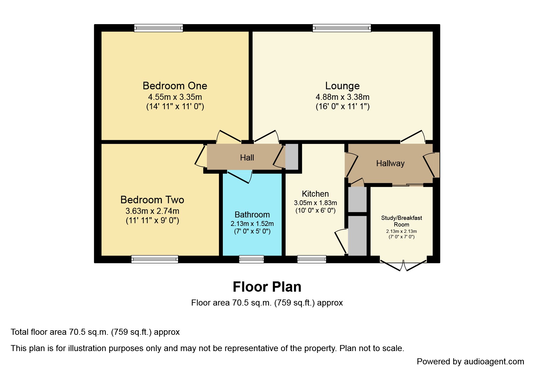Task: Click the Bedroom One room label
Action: point(175,86)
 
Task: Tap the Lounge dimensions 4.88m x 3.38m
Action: point(342,97)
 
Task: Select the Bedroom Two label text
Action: point(152,200)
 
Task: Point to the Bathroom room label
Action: point(252,215)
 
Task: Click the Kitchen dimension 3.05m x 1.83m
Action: point(315,203)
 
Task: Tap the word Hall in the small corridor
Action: point(247,158)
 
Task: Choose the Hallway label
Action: point(390,163)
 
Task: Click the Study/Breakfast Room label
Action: point(401,221)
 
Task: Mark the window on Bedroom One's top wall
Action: point(159,28)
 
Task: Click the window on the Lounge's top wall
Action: point(342,28)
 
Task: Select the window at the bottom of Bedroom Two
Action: point(155,259)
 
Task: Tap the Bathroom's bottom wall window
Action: point(251,259)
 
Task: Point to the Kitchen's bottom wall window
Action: point(311,259)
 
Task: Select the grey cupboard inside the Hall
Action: point(292,157)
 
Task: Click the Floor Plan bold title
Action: point(267,287)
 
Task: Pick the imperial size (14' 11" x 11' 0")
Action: point(175,106)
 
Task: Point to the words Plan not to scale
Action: point(371,348)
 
